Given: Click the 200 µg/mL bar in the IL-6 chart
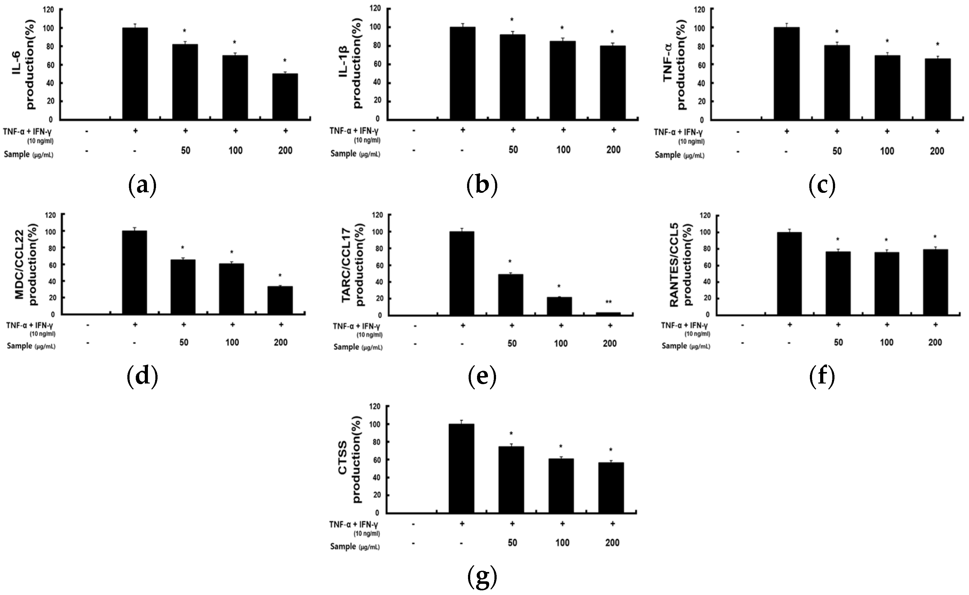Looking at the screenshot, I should [x=285, y=96].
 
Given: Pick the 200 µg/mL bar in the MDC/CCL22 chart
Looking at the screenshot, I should [x=280, y=300].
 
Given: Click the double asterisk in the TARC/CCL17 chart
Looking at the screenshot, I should [x=608, y=302].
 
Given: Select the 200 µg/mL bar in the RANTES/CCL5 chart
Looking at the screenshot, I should [x=935, y=282].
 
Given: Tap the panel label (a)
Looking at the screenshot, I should [x=142, y=185].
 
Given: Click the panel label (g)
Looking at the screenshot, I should [x=482, y=577].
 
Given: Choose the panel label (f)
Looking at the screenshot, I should [x=822, y=377].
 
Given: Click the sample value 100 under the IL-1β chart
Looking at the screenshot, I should [x=563, y=150].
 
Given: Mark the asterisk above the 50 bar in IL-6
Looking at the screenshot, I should [x=184, y=31].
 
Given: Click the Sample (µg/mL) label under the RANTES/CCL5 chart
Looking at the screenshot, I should [x=685, y=346].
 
